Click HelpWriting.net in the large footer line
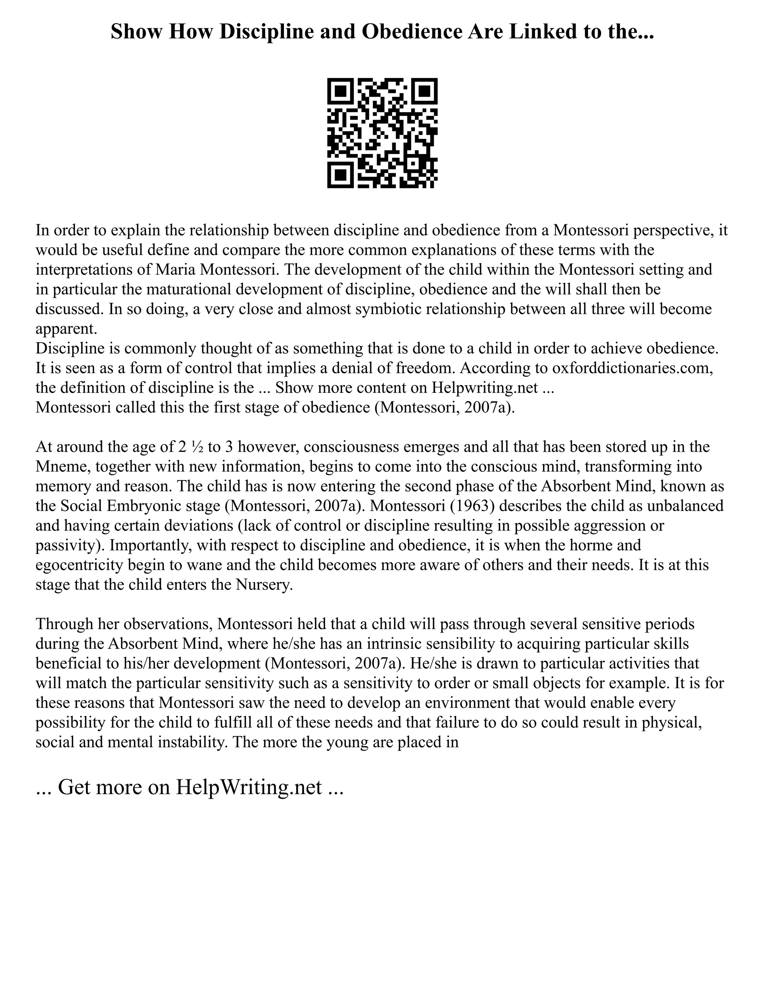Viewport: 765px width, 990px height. (x=249, y=788)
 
